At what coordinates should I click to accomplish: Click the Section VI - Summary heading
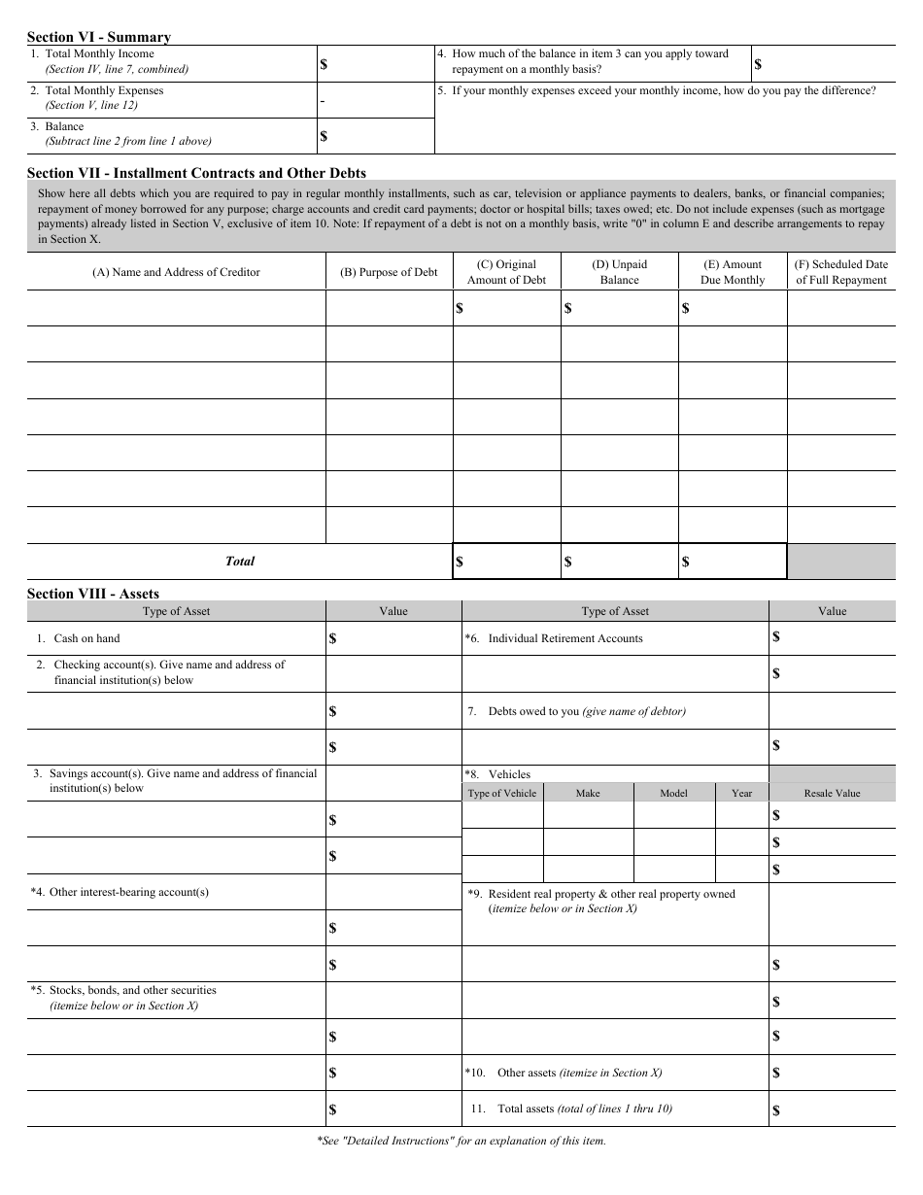pos(99,37)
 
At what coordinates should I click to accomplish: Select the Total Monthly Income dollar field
pos(376,64)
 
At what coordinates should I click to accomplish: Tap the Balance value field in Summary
pos(376,136)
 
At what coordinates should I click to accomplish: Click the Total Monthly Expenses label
pos(104,90)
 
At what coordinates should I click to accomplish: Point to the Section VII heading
pos(196,173)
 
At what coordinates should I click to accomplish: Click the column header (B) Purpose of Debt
pos(389,272)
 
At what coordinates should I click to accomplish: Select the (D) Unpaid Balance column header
pos(619,272)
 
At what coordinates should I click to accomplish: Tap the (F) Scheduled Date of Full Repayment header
pos(840,272)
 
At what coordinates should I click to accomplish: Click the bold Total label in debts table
pos(240,561)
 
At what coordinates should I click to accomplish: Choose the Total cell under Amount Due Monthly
pos(732,561)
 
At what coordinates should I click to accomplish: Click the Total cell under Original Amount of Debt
pos(506,561)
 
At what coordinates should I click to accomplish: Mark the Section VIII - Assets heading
pos(93,594)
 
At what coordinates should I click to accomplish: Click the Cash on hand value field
pos(393,638)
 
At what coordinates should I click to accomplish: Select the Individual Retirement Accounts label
pos(564,638)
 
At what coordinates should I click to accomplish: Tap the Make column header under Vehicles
pos(588,793)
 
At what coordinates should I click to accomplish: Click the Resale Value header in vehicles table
pos(832,793)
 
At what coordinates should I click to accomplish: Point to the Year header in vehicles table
pos(741,793)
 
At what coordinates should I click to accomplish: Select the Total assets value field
pos(832,1110)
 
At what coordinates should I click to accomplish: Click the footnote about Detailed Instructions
pos(461,1141)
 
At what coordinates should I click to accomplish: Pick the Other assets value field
pos(832,1073)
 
